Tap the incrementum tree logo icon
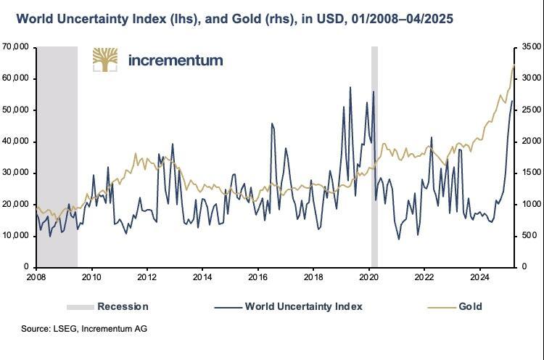(x=105, y=60)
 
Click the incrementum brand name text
(x=175, y=60)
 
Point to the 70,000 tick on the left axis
(x=15, y=47)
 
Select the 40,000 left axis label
(x=15, y=142)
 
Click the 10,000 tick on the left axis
(x=15, y=236)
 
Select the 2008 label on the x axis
(x=36, y=277)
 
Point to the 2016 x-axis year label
(x=258, y=277)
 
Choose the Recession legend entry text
(x=123, y=306)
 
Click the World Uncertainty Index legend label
(x=303, y=306)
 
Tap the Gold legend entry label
(x=470, y=306)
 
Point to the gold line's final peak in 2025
(x=514, y=66)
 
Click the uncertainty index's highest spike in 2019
(x=350, y=87)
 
